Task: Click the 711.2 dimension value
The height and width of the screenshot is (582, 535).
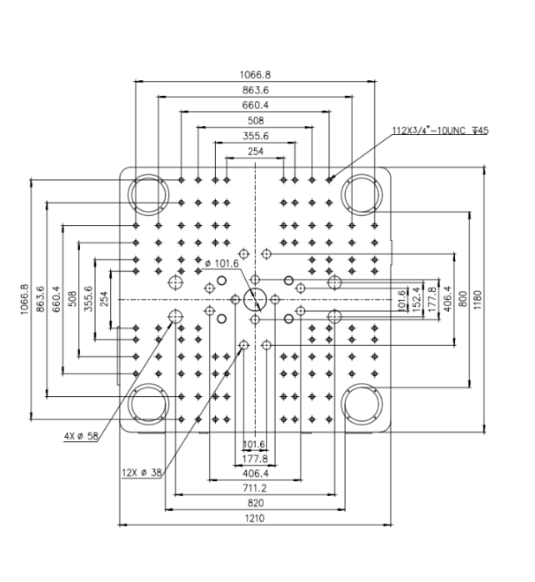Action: [x=254, y=488]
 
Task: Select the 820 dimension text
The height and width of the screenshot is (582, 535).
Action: [x=256, y=504]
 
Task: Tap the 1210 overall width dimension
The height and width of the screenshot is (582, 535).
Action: [x=255, y=519]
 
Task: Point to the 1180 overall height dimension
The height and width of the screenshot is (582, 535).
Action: [x=477, y=300]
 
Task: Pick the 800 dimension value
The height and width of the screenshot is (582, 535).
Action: [x=462, y=299]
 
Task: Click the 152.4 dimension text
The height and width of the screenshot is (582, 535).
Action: [x=417, y=299]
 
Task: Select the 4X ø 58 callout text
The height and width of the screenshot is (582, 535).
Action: [x=82, y=436]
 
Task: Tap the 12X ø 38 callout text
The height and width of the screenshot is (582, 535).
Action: [x=142, y=473]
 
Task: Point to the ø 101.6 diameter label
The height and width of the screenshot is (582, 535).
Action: [x=222, y=263]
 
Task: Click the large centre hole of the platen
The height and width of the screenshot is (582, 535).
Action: [x=255, y=299]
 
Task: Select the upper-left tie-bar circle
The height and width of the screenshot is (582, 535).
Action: [x=148, y=194]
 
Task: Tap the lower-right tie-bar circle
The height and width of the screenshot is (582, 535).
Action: [x=362, y=404]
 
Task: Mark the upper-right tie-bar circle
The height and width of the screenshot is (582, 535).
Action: [x=362, y=194]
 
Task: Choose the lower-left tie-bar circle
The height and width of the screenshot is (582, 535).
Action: [x=148, y=404]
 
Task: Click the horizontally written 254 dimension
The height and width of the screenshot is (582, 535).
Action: [x=256, y=152]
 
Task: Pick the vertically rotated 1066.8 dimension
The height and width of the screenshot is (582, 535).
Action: [x=24, y=299]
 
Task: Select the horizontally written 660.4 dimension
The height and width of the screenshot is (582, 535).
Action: [x=255, y=105]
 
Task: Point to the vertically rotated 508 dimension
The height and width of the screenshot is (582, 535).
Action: [x=73, y=299]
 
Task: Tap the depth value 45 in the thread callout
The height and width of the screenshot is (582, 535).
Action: [x=483, y=131]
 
